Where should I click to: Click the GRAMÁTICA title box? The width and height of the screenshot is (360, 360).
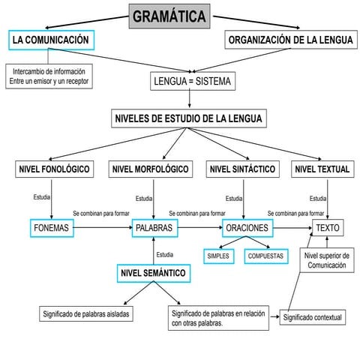(169, 16)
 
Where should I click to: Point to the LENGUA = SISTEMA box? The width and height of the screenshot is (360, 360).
(192, 81)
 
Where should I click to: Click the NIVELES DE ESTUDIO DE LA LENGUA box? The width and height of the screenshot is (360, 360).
(189, 118)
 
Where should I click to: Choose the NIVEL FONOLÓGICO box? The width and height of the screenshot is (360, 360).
(54, 169)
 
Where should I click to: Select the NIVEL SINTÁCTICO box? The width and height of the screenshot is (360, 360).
(241, 169)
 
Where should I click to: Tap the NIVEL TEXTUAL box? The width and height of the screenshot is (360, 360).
(322, 169)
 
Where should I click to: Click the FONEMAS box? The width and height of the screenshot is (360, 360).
(52, 227)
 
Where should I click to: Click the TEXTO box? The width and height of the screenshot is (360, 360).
(328, 227)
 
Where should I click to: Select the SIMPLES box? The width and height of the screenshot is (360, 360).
(219, 256)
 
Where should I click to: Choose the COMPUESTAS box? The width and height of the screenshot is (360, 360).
(265, 256)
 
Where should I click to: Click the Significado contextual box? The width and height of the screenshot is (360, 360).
(313, 317)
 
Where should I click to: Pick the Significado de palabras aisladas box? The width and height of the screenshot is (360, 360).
(87, 313)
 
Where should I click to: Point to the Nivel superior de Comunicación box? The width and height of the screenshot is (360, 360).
(327, 260)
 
